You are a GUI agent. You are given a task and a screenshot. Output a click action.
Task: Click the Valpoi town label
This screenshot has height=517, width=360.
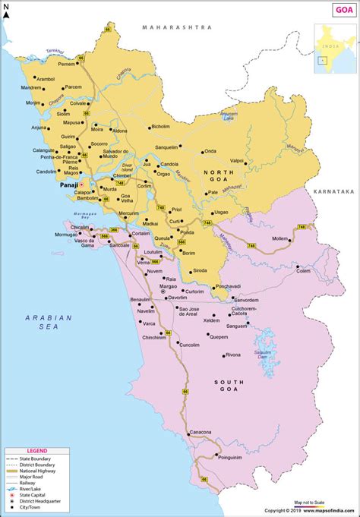[237, 161]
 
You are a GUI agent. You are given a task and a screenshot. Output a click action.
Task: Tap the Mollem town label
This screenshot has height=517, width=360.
[280, 238]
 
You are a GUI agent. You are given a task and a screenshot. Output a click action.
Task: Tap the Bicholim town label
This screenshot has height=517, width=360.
[161, 127]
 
